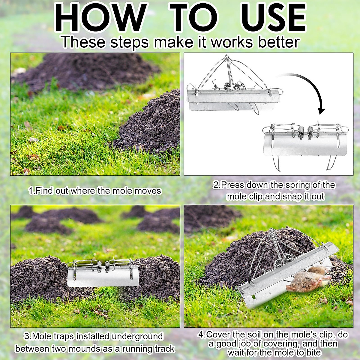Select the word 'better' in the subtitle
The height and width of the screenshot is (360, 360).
coord(279,42)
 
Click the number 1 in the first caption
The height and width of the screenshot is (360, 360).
coord(31,191)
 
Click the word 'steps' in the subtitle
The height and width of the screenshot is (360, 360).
coord(129,42)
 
